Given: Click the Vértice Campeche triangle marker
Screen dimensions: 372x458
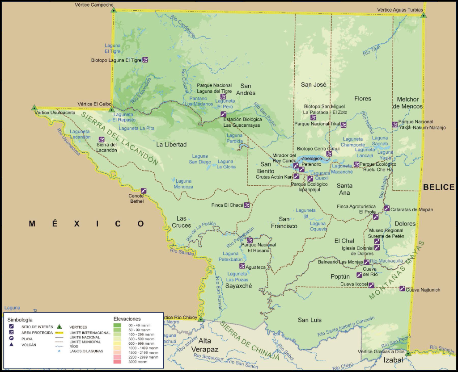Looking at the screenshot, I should [114, 10].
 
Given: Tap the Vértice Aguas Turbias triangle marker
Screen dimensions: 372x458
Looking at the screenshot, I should [423, 15].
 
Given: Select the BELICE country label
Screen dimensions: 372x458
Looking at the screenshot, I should [439, 187].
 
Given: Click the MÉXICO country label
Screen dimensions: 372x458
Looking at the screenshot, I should [87, 223].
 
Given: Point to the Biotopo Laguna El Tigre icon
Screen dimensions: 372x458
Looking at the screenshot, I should [145, 60].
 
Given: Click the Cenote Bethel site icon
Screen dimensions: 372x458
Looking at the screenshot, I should [144, 191].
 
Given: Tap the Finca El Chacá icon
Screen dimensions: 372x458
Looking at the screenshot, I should [246, 205].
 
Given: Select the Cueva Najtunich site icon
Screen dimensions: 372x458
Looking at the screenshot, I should [402, 288].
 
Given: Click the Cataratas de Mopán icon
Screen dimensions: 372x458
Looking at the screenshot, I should [386, 208].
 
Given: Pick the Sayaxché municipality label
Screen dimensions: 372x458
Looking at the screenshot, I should [238, 286].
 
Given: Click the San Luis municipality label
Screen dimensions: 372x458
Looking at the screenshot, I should [310, 320].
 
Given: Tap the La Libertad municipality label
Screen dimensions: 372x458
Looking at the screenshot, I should [171, 144].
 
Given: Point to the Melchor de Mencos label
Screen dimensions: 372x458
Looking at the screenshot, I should [407, 103].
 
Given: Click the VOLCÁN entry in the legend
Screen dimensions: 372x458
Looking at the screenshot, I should [29, 345].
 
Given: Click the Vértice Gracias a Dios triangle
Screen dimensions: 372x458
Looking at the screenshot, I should [407, 353].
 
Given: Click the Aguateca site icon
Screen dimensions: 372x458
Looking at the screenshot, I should [242, 266].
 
